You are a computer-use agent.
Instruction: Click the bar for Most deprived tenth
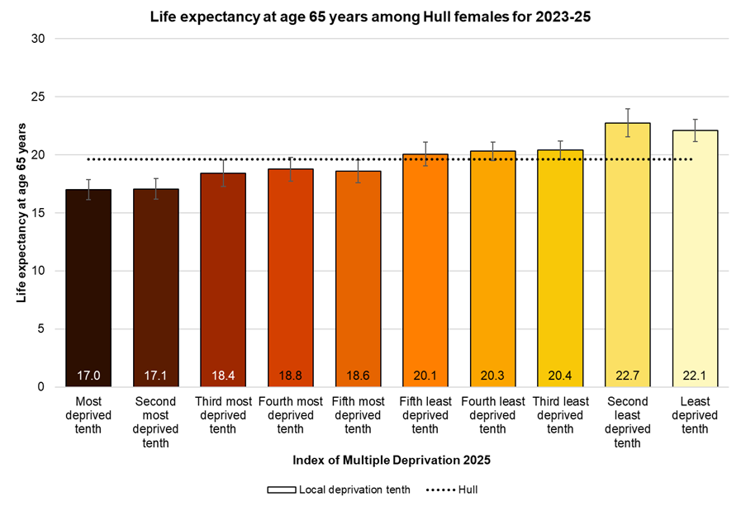[x=88, y=289]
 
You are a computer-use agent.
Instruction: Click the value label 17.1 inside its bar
[x=156, y=376]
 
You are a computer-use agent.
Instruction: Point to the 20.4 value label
[x=560, y=376]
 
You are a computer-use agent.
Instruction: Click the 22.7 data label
[x=627, y=376]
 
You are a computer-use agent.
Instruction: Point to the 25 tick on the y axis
[x=38, y=97]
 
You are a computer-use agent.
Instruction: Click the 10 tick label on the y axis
[x=38, y=271]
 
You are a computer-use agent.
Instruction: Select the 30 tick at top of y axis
[x=38, y=39]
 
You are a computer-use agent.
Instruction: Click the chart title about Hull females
[x=370, y=16]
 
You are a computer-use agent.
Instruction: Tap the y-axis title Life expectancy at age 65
[x=21, y=213]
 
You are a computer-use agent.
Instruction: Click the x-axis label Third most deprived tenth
[x=223, y=415]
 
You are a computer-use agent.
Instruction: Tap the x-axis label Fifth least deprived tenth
[x=425, y=415]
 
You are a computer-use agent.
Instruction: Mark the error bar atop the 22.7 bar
[x=627, y=122]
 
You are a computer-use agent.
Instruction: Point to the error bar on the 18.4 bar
[x=223, y=173]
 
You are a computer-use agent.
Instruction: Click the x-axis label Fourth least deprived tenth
[x=492, y=415]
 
